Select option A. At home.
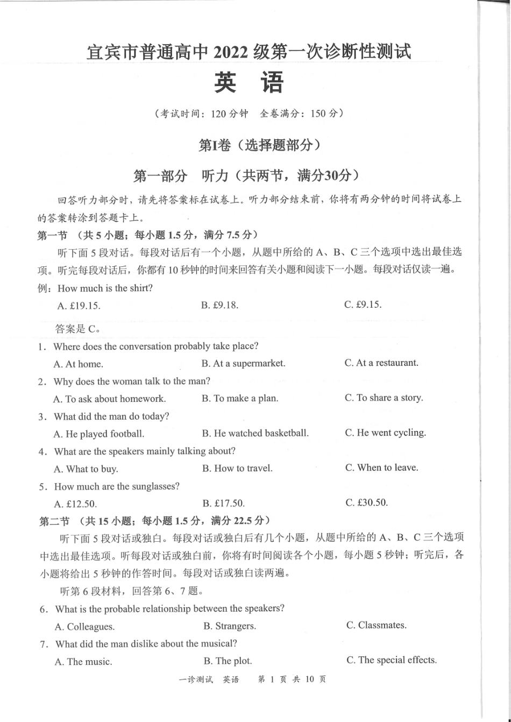point(79,364)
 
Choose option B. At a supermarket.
point(243,364)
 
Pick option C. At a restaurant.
point(381,363)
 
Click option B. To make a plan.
point(240,399)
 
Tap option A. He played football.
point(99,434)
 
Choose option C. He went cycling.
point(386,433)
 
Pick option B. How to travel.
point(237,469)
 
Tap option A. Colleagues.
point(85,627)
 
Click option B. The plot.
point(228,661)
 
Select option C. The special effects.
point(392,661)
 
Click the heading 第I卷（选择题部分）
point(260,145)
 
